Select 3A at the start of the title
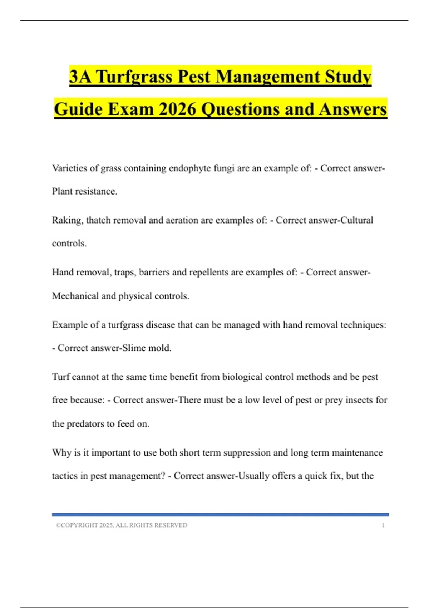point(80,77)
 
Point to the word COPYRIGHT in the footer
point(79,525)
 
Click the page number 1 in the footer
point(383,525)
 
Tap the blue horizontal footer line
point(220,515)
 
